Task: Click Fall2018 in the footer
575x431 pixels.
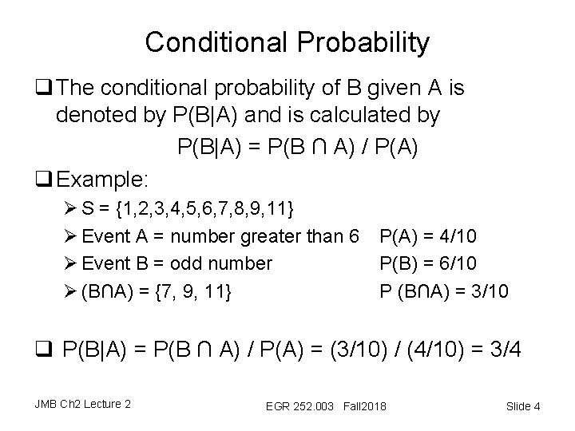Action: [x=364, y=408]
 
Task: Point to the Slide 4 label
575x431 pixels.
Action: [x=523, y=407]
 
